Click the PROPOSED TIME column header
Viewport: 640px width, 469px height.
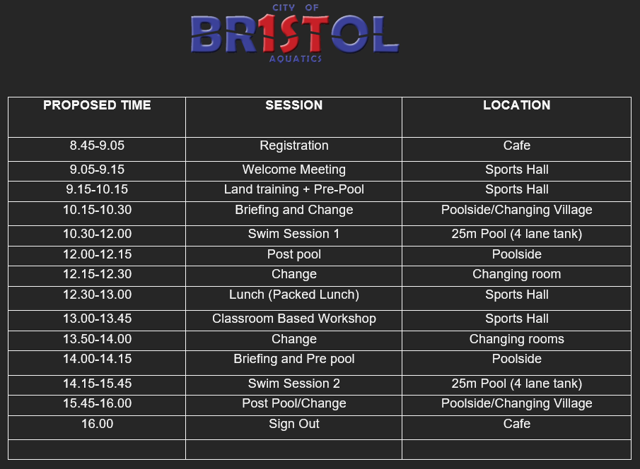click(97, 105)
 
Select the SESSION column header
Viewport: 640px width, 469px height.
click(294, 105)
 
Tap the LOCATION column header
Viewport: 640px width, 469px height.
click(517, 105)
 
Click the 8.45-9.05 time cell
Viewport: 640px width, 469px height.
click(97, 146)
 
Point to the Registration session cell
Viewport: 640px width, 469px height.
click(294, 146)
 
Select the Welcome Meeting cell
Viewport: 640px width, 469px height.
click(294, 170)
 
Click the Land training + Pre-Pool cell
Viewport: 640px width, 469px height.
click(294, 189)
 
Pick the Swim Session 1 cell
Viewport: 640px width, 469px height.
click(294, 234)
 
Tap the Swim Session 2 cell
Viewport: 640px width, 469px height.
click(294, 384)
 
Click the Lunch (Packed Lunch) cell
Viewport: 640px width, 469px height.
click(294, 295)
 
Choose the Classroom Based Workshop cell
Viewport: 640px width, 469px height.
click(294, 319)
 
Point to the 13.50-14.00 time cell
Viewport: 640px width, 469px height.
click(97, 339)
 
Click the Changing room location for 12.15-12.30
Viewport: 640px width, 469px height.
click(517, 274)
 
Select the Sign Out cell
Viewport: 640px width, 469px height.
click(294, 424)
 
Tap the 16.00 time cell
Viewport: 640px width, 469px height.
click(97, 424)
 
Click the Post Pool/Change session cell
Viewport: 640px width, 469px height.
click(294, 403)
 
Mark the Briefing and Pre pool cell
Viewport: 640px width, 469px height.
click(294, 359)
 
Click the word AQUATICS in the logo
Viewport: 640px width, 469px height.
click(296, 59)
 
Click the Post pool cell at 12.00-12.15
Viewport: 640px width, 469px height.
click(294, 254)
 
